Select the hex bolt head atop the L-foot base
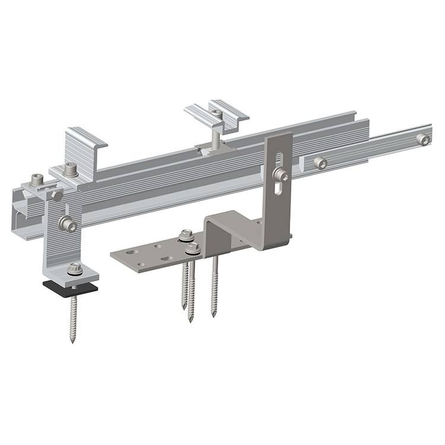(74, 268)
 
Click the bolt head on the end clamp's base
(71, 169)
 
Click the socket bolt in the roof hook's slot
(280, 174)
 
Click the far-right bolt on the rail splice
(423, 139)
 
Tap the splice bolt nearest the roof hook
(320, 163)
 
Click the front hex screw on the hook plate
(192, 248)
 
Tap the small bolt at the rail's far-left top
(38, 178)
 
